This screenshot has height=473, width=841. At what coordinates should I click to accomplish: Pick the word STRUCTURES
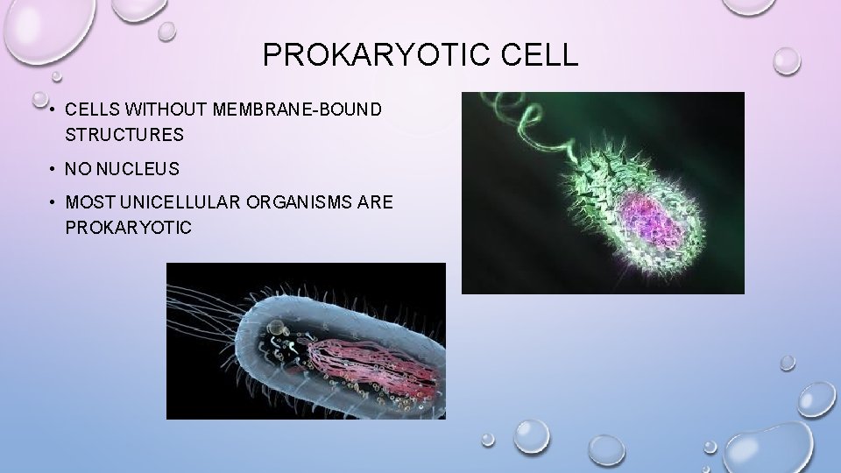pyautogui.click(x=124, y=135)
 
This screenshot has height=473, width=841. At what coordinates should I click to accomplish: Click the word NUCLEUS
pyautogui.click(x=139, y=168)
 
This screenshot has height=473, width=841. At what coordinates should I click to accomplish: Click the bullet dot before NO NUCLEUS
pyautogui.click(x=53, y=168)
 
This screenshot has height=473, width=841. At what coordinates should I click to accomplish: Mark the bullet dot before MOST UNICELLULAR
pyautogui.click(x=53, y=202)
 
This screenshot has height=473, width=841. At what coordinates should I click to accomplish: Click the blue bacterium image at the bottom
pyautogui.click(x=306, y=342)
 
